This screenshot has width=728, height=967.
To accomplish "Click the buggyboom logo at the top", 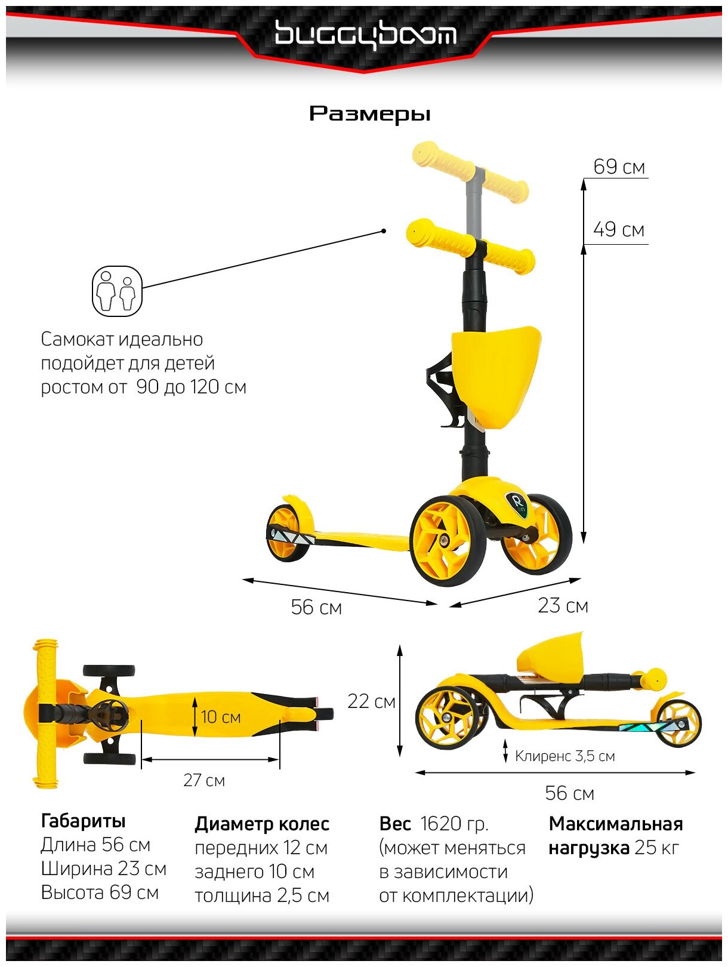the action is click(x=365, y=35).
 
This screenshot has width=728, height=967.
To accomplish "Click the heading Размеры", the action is click(x=369, y=113).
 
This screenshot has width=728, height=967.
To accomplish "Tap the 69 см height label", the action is click(x=619, y=167).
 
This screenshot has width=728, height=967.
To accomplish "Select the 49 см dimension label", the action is click(x=619, y=230).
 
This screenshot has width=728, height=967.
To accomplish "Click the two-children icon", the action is click(x=117, y=291).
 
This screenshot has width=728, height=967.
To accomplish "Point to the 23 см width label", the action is click(x=563, y=606).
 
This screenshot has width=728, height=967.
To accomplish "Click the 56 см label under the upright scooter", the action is click(x=316, y=608).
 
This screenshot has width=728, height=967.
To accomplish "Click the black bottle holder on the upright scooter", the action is click(x=442, y=388).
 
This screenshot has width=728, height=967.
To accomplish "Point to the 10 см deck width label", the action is click(x=221, y=717).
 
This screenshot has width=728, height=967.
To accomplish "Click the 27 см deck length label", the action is click(x=204, y=781).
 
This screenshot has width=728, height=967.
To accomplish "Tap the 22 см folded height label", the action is click(x=371, y=701).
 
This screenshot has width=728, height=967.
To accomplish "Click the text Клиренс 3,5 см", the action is click(x=564, y=756).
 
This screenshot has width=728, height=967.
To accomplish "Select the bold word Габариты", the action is click(x=83, y=821).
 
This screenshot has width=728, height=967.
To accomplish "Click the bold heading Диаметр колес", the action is click(x=262, y=824).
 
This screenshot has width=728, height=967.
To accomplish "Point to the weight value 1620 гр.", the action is click(x=454, y=824).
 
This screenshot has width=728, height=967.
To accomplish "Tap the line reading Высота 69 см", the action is click(x=100, y=893).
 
